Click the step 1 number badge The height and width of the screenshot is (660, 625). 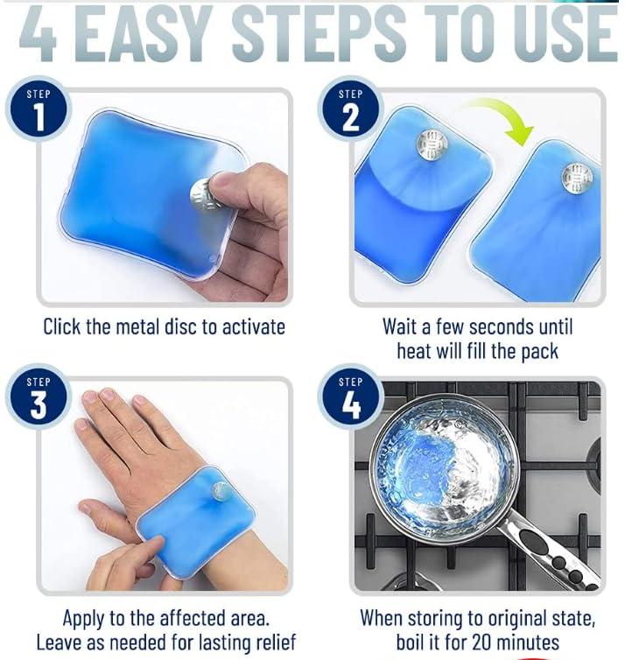click(x=38, y=109)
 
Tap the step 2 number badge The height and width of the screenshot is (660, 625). click(x=350, y=109)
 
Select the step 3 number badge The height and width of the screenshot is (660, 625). click(x=38, y=397)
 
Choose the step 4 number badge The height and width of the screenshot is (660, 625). click(x=350, y=397)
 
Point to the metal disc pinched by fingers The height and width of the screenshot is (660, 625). click(x=204, y=193)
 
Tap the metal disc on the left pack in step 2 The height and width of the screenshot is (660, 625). click(x=432, y=144)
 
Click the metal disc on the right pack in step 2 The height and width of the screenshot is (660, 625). click(x=577, y=178)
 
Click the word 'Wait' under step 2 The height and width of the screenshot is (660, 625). click(x=402, y=327)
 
